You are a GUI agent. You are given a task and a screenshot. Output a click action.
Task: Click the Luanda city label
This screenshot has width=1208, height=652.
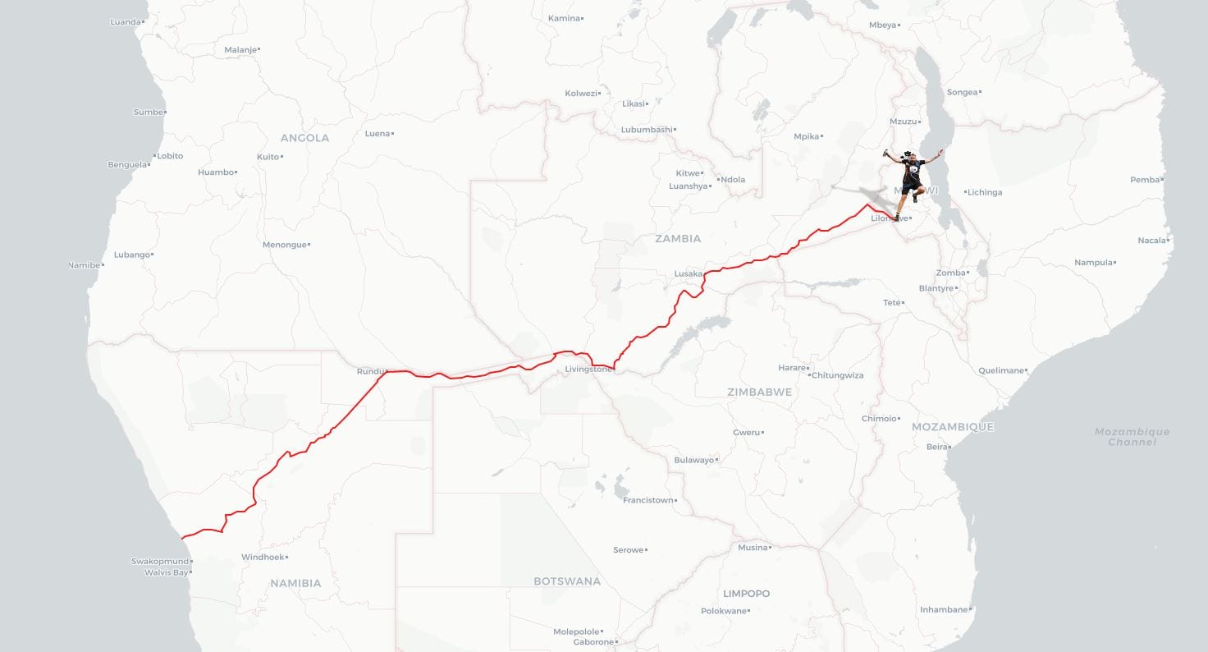[126, 21]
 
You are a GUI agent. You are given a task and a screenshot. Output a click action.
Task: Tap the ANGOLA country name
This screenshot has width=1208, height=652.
[304, 138]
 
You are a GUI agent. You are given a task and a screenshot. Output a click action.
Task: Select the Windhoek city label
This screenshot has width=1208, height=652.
[263, 557]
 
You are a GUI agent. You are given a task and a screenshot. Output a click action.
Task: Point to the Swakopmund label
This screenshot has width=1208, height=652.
[159, 562]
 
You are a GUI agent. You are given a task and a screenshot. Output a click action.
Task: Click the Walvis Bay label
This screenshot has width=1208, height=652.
[167, 572]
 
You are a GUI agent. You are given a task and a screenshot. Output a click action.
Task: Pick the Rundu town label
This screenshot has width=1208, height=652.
[371, 371]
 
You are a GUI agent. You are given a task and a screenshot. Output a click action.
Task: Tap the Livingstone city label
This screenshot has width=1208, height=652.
[588, 369]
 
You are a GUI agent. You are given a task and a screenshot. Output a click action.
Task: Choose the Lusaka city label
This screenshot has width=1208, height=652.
[688, 273]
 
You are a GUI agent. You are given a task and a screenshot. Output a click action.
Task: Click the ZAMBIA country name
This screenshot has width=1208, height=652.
[678, 238]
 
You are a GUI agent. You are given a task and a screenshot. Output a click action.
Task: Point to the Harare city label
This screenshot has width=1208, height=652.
[792, 368]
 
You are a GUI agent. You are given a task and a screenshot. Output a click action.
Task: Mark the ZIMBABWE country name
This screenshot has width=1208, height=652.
[759, 392]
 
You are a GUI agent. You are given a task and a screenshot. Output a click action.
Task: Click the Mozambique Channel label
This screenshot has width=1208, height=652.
[1132, 437]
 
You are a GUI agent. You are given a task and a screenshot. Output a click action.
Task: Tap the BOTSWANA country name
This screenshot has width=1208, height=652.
[567, 581]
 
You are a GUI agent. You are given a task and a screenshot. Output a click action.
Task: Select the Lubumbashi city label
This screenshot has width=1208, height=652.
[647, 130]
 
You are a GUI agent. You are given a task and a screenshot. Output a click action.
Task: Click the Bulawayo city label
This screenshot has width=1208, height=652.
[693, 460]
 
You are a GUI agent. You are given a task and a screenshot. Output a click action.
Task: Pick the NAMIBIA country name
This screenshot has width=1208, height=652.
[295, 583]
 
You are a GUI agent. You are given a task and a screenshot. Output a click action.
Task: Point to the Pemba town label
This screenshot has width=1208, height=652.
[1146, 180]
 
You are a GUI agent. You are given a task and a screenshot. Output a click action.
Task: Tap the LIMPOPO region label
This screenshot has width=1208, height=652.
[746, 593]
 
